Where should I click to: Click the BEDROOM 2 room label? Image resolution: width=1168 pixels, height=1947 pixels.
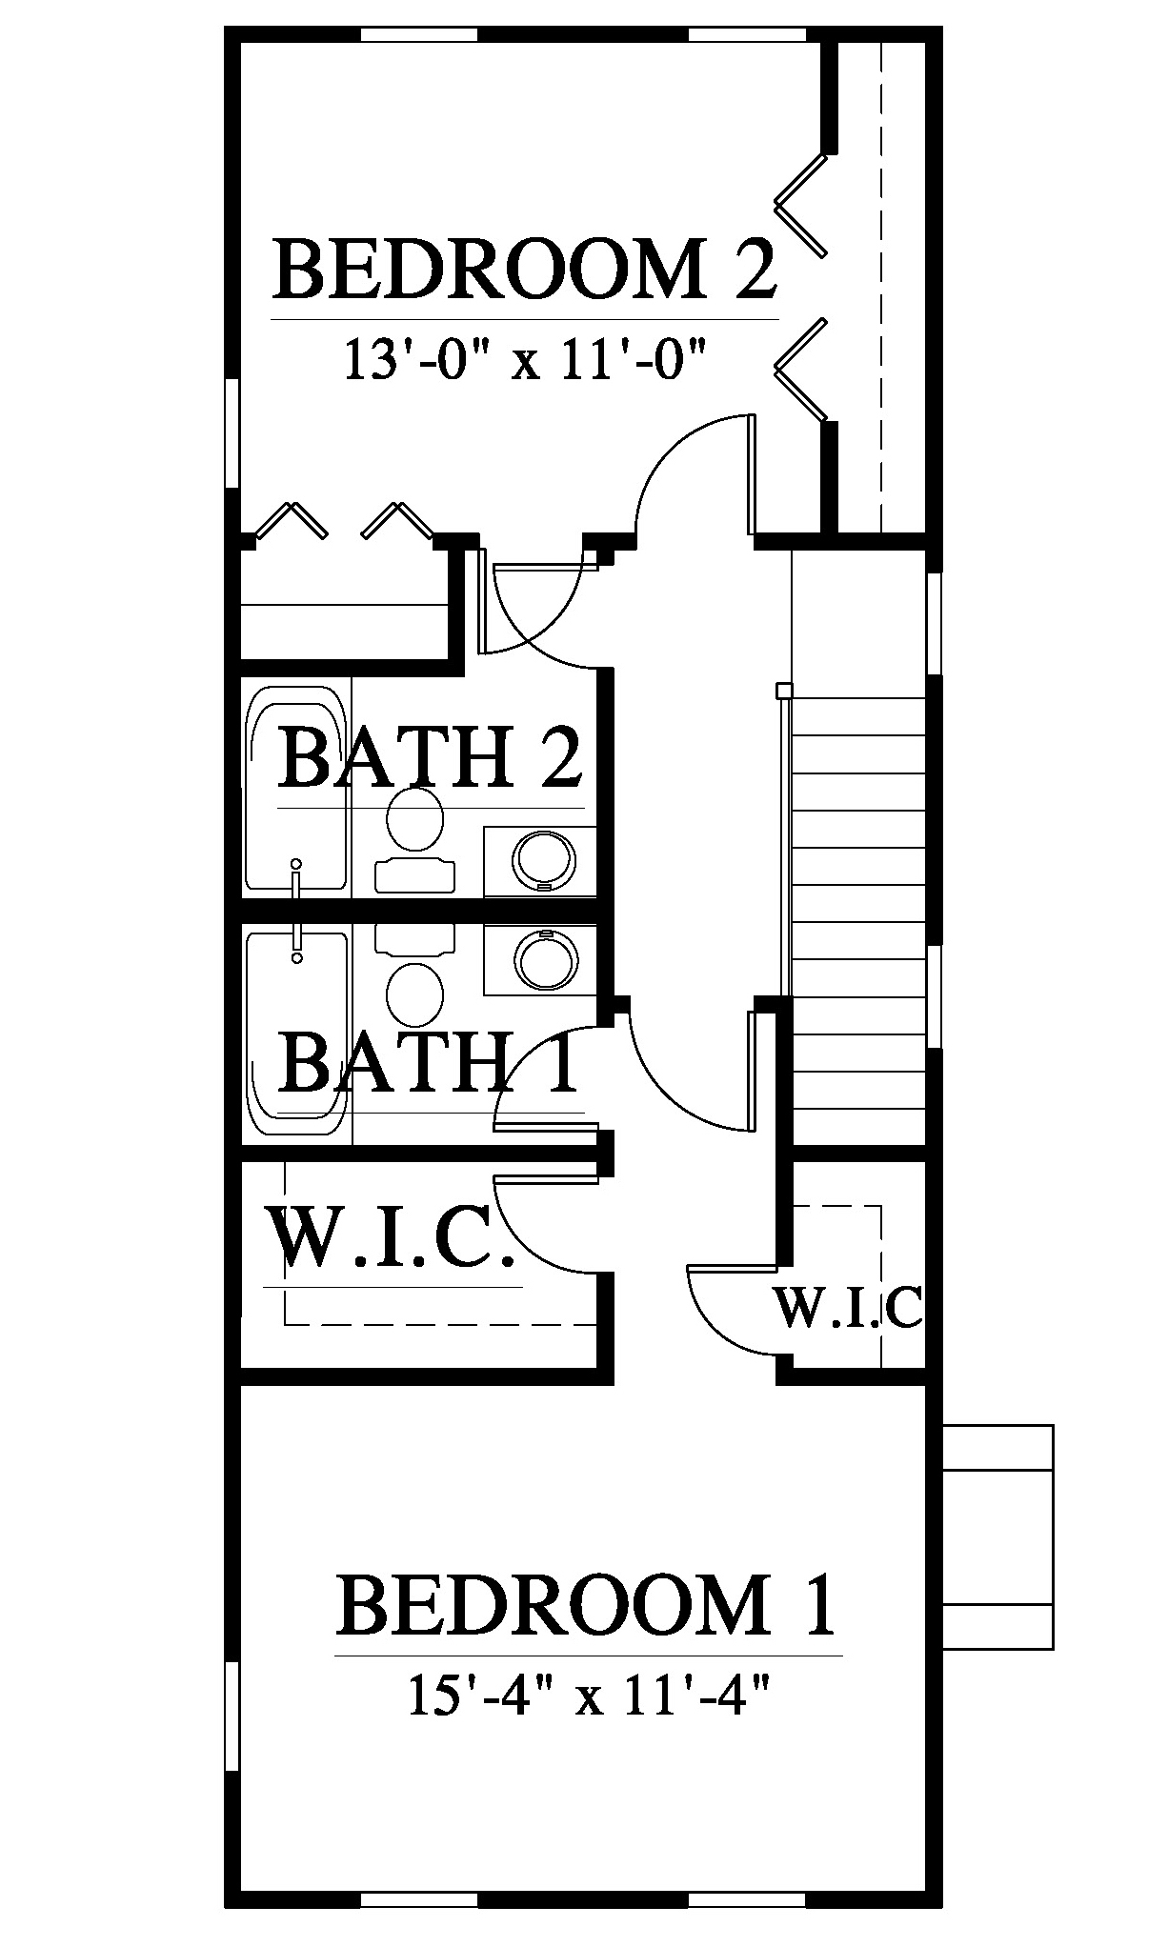(525, 271)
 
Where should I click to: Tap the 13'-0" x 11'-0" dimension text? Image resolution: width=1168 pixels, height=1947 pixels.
(525, 362)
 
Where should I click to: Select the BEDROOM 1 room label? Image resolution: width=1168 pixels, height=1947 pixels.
(587, 1605)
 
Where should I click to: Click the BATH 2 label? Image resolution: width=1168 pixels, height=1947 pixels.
(430, 759)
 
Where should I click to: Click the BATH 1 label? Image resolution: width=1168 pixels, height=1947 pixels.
(430, 1064)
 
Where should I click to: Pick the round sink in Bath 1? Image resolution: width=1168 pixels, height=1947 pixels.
(544, 959)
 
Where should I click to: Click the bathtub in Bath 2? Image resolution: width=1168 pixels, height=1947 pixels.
(296, 788)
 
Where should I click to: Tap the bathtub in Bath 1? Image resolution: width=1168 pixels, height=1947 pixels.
(296, 1034)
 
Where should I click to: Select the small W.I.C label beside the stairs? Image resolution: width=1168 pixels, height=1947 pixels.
(848, 1308)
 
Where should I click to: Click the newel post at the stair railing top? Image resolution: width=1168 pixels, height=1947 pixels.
(784, 691)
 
